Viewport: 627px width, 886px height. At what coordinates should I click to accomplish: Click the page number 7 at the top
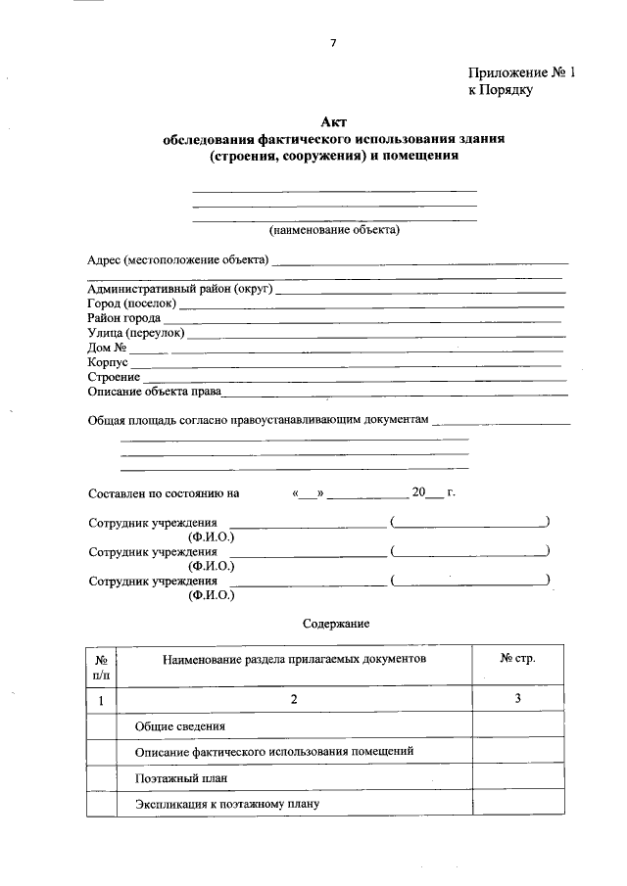(x=333, y=42)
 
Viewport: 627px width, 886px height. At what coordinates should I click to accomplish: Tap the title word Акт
(x=334, y=121)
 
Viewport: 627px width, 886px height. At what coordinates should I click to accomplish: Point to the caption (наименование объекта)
(x=334, y=230)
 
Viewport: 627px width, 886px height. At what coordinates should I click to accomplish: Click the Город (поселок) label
(x=131, y=303)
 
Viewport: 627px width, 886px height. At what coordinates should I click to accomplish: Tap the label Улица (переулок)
(x=135, y=333)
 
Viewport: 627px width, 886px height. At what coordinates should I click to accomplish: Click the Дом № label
(x=107, y=348)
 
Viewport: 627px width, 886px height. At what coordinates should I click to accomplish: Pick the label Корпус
(x=108, y=362)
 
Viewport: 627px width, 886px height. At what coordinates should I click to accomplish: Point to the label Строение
(x=113, y=377)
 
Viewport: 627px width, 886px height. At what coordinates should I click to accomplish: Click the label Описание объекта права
(x=153, y=393)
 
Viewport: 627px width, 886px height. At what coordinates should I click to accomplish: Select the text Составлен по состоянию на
(x=163, y=493)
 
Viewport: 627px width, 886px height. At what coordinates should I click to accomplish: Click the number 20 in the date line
(x=419, y=493)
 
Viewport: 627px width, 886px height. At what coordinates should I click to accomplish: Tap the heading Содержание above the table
(x=334, y=623)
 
